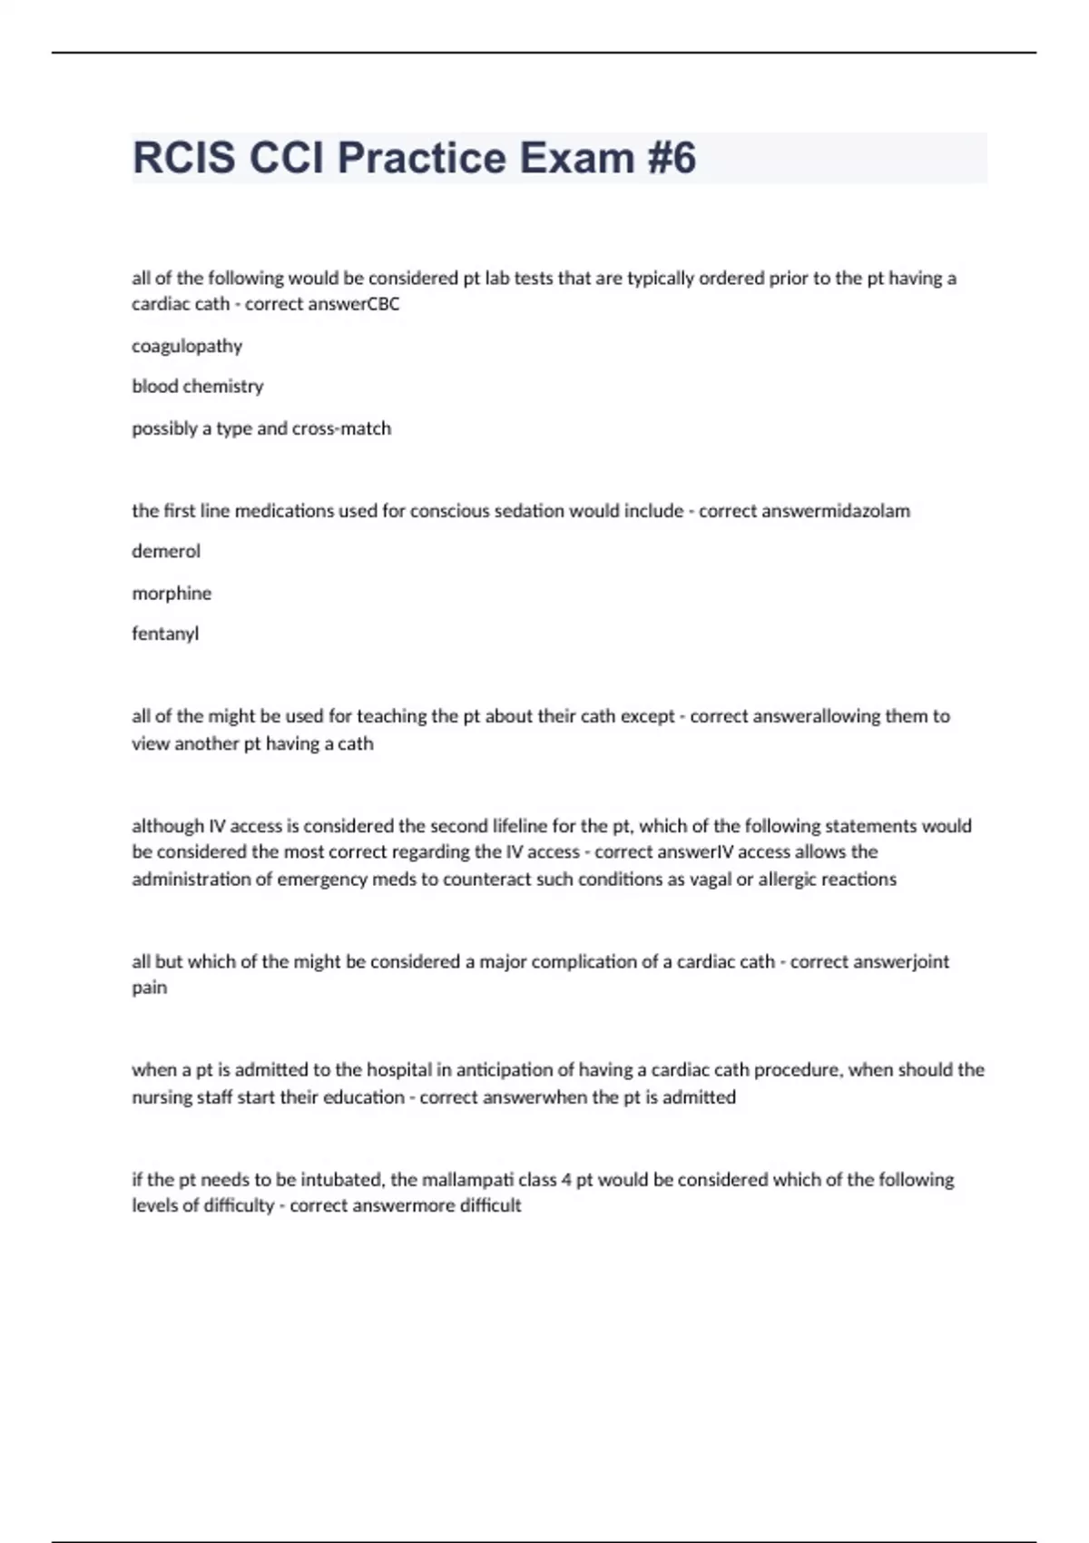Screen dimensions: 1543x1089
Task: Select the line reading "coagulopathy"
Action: click(187, 346)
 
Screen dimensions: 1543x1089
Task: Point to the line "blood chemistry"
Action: click(198, 387)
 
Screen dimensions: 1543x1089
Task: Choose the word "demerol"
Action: click(166, 551)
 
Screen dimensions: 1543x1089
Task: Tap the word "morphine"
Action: click(172, 593)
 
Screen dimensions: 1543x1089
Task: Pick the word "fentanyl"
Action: click(165, 634)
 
